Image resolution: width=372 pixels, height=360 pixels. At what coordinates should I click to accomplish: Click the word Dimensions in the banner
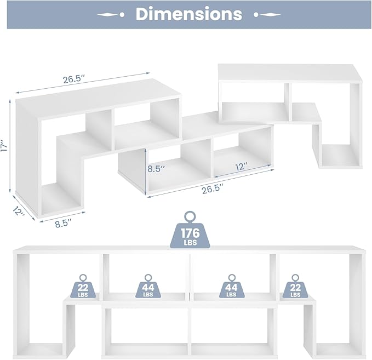click(189, 14)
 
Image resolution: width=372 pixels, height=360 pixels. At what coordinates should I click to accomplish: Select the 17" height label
click(5, 145)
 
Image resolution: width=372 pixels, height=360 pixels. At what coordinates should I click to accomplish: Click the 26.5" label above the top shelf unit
click(74, 79)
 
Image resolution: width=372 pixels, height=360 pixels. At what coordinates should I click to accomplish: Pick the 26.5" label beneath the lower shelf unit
click(213, 190)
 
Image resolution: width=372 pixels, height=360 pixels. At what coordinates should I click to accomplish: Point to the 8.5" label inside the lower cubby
click(156, 169)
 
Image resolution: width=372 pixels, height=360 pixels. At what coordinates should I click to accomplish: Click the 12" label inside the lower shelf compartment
click(241, 167)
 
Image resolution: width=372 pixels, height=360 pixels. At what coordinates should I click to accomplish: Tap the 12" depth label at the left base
click(18, 211)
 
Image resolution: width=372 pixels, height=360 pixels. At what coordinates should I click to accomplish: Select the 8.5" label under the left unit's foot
click(63, 224)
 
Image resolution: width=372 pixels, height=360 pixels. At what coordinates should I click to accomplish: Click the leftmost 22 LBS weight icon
click(83, 287)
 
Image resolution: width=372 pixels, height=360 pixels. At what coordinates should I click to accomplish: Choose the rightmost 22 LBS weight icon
click(295, 287)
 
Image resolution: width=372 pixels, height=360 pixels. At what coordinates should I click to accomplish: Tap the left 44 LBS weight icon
click(148, 287)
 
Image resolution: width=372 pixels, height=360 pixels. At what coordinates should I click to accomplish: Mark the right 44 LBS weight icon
click(231, 287)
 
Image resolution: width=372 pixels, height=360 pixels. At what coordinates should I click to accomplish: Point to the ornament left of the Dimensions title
click(111, 15)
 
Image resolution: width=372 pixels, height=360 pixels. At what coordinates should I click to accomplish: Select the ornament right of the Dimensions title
click(267, 15)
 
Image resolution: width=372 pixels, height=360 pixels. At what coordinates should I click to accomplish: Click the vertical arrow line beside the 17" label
click(10, 146)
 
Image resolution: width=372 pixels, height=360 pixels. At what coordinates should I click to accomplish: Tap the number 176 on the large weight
click(190, 233)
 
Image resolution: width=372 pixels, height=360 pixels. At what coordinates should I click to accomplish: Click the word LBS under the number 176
click(190, 243)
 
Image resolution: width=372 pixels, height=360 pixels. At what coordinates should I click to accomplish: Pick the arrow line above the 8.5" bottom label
click(62, 216)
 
